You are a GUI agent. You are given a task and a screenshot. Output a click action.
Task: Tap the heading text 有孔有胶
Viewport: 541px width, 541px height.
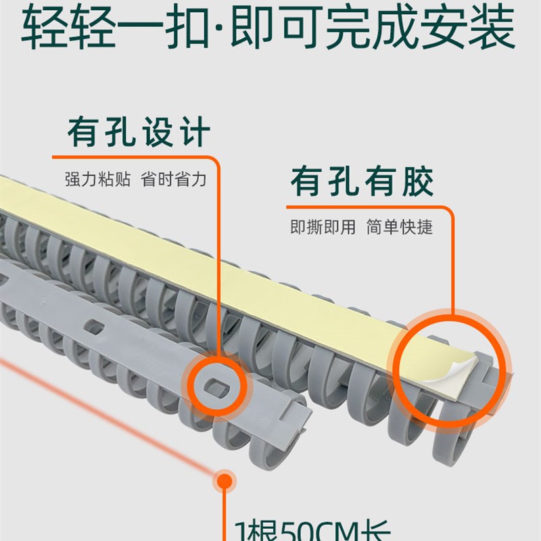point(362,181)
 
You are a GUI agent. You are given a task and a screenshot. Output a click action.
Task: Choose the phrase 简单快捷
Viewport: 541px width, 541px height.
point(399,227)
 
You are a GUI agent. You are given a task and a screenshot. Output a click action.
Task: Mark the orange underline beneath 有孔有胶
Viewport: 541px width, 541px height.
point(365,206)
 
